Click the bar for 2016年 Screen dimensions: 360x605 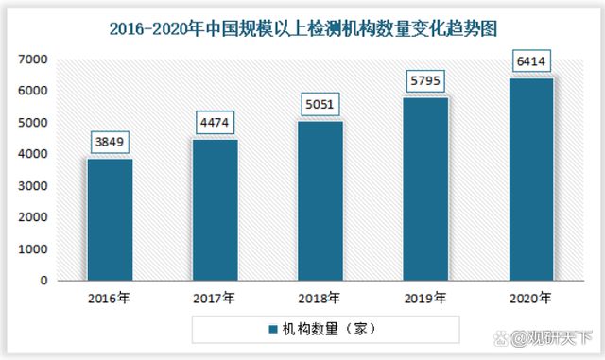[x=111, y=219]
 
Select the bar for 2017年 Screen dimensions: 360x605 [x=216, y=210]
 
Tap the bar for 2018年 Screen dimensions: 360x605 [x=320, y=200]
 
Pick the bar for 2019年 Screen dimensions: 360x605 [x=425, y=189]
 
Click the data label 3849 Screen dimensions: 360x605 [x=111, y=142]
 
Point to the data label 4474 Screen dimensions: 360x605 [x=216, y=122]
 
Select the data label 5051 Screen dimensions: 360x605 [x=320, y=104]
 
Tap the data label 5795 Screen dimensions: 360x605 [x=425, y=80]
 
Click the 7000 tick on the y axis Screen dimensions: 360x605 [x=34, y=59]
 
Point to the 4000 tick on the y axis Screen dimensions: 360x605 [x=34, y=154]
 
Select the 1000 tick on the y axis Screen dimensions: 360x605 [x=34, y=249]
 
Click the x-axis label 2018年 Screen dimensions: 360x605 [x=320, y=298]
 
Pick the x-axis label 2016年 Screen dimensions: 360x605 [x=111, y=298]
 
